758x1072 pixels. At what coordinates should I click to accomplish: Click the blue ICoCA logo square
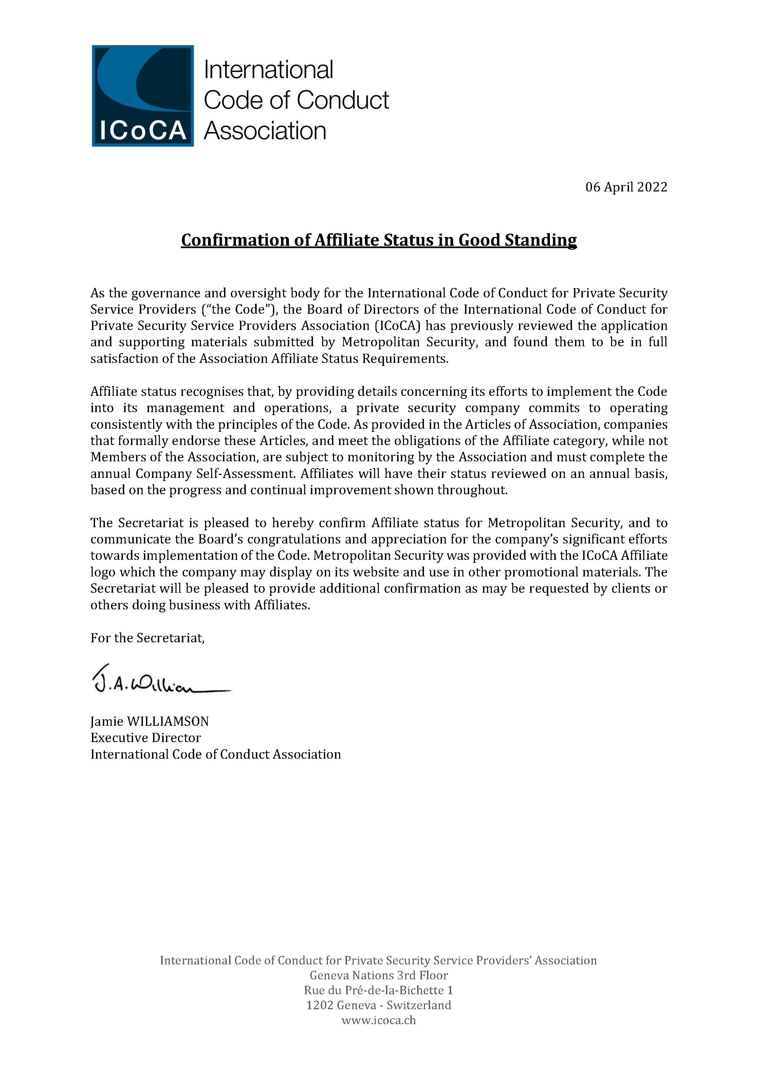tap(143, 96)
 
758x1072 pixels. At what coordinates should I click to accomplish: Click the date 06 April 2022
tap(626, 187)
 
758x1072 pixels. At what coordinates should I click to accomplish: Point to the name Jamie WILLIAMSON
tap(149, 721)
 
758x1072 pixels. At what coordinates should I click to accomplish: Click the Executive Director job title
tap(145, 738)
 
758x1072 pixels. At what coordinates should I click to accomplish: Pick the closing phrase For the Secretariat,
tap(148, 638)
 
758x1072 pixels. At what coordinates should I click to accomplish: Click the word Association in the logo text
tap(265, 131)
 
